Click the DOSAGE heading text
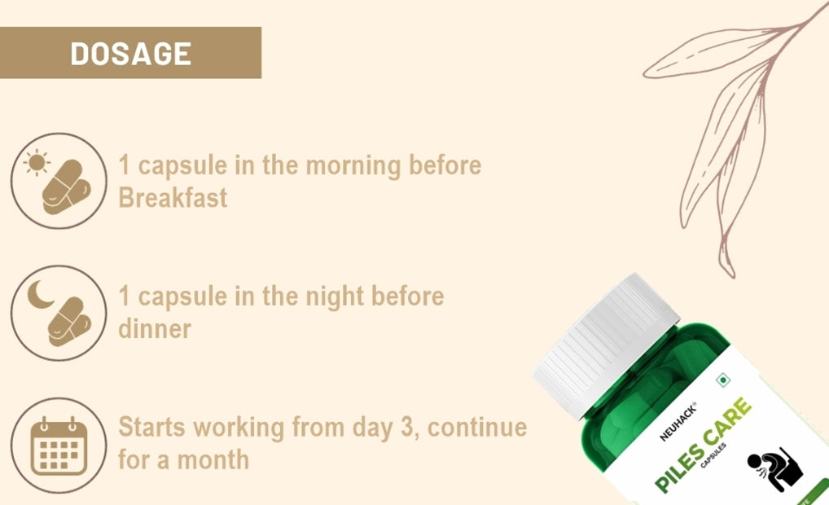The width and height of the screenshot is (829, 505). pos(130,54)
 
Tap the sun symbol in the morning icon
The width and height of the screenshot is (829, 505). pos(37,163)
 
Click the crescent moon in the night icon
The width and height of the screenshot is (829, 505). pos(40,295)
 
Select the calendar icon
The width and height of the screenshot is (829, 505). pos(59,446)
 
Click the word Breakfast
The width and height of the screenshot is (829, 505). pos(173,198)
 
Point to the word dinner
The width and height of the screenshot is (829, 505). pos(155,329)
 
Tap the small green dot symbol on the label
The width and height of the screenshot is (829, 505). pos(720,380)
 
